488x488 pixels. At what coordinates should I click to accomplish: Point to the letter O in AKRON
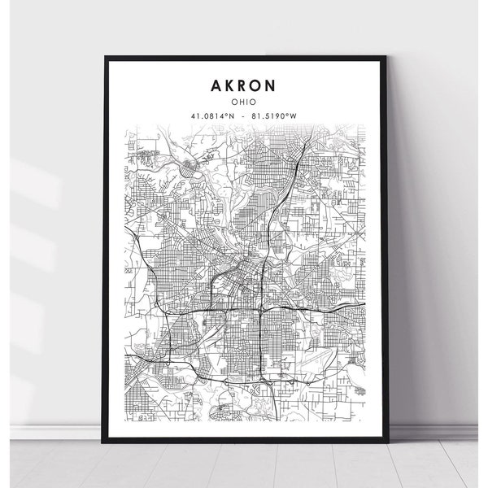click(262, 85)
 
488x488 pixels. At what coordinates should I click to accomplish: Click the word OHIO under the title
click(246, 102)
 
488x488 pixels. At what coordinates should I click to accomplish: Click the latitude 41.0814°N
click(212, 116)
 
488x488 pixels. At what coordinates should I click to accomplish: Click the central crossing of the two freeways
click(259, 310)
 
